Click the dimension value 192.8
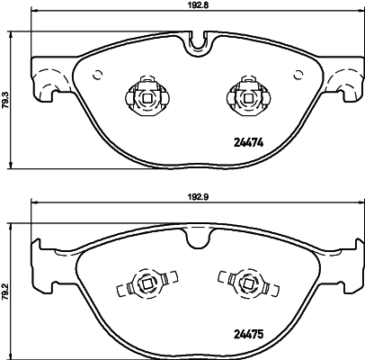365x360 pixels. coord(195,4)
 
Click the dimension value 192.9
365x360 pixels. coord(197,196)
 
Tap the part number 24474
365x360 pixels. coord(248,143)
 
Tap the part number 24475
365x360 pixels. coord(248,334)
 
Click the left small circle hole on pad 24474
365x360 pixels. coord(98,75)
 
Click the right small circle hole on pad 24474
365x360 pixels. coord(298,75)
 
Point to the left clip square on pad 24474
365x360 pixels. coord(147,98)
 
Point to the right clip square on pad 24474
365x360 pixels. coord(248,98)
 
